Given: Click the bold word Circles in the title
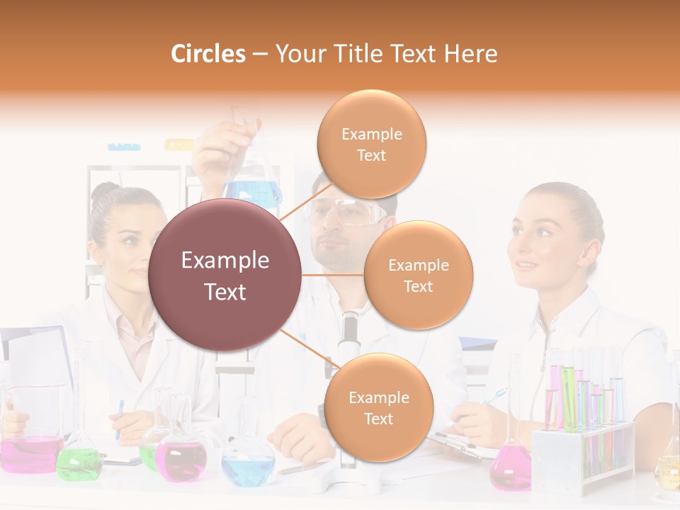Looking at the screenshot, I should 208,54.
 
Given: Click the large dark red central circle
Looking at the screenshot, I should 225,275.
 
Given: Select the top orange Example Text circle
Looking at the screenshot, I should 371,144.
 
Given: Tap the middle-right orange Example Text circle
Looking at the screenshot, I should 418,275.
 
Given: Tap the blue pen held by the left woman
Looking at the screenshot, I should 120,418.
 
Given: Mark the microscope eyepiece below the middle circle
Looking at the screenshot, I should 348,333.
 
